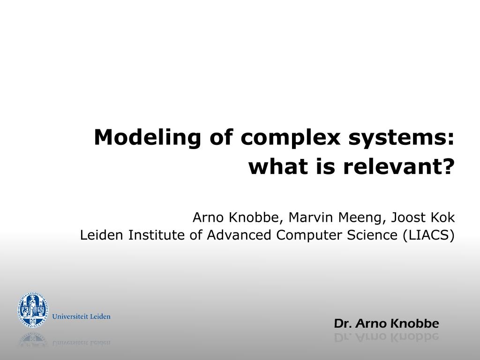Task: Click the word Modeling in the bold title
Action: [x=147, y=137]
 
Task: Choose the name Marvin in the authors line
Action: [x=311, y=217]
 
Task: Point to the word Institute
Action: [x=156, y=235]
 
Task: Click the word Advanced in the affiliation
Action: [x=239, y=235]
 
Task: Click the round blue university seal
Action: [x=32, y=310]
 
